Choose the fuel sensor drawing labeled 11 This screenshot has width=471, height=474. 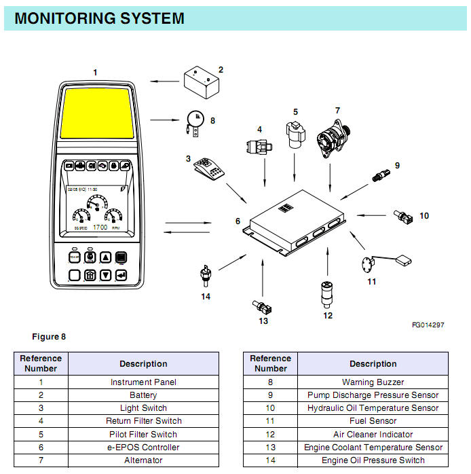[380, 262]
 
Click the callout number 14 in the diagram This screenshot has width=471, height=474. [206, 296]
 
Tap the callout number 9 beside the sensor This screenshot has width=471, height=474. [397, 165]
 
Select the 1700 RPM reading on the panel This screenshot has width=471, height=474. [100, 227]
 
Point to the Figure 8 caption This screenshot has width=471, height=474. [49, 336]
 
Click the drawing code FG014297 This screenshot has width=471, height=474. [428, 325]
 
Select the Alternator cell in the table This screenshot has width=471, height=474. [143, 460]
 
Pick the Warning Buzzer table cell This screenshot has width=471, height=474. [373, 382]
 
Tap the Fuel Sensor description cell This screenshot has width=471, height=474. [373, 421]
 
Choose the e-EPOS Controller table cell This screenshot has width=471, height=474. [143, 448]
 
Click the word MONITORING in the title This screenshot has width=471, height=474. [62, 18]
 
